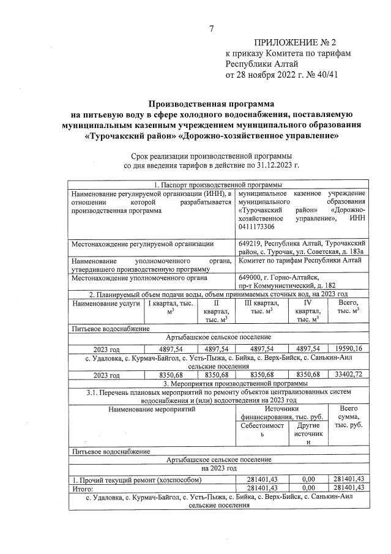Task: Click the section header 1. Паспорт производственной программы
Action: coord(218,184)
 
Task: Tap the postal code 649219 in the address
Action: coord(251,244)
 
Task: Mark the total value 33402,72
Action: coord(348,374)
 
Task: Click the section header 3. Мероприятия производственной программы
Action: coord(218,383)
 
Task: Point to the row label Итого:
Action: coord(83,487)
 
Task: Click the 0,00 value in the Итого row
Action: coord(308,487)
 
